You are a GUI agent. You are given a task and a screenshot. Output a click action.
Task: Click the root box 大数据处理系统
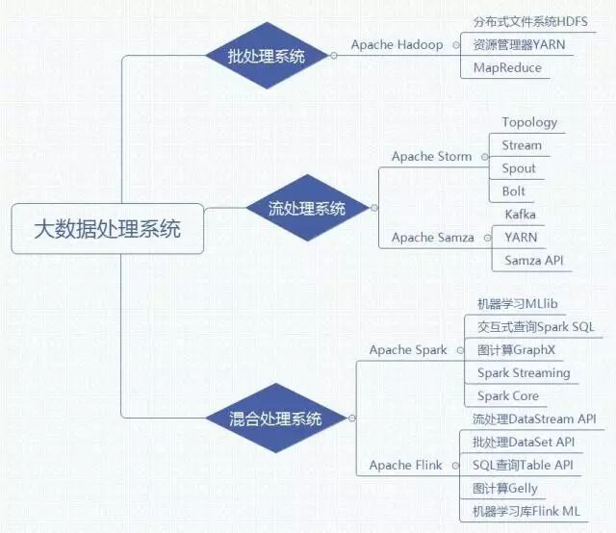[x=107, y=229]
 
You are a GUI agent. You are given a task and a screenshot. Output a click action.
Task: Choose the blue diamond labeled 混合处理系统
[x=276, y=419]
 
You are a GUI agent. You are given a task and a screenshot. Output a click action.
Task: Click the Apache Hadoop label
[x=397, y=45]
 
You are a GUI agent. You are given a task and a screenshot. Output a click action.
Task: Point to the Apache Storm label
[x=431, y=156]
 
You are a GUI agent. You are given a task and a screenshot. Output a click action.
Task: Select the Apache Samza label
[x=432, y=237]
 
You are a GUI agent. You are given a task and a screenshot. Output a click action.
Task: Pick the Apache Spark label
[x=408, y=350]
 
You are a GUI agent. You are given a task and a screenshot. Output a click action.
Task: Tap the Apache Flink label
[x=405, y=466]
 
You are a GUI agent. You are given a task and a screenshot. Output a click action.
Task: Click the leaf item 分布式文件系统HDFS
[x=530, y=21]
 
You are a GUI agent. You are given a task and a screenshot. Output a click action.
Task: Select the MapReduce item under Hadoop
[x=507, y=67]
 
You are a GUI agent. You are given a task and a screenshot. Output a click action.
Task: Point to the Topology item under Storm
[x=529, y=123]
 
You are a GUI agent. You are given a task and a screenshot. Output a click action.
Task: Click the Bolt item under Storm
[x=514, y=191]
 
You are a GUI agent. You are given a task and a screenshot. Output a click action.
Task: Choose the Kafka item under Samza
[x=520, y=214]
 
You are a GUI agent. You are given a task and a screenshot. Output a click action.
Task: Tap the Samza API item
[x=534, y=260]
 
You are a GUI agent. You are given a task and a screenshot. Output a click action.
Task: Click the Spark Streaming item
[x=524, y=373]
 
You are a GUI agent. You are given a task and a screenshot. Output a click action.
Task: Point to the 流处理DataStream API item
[x=534, y=419]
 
